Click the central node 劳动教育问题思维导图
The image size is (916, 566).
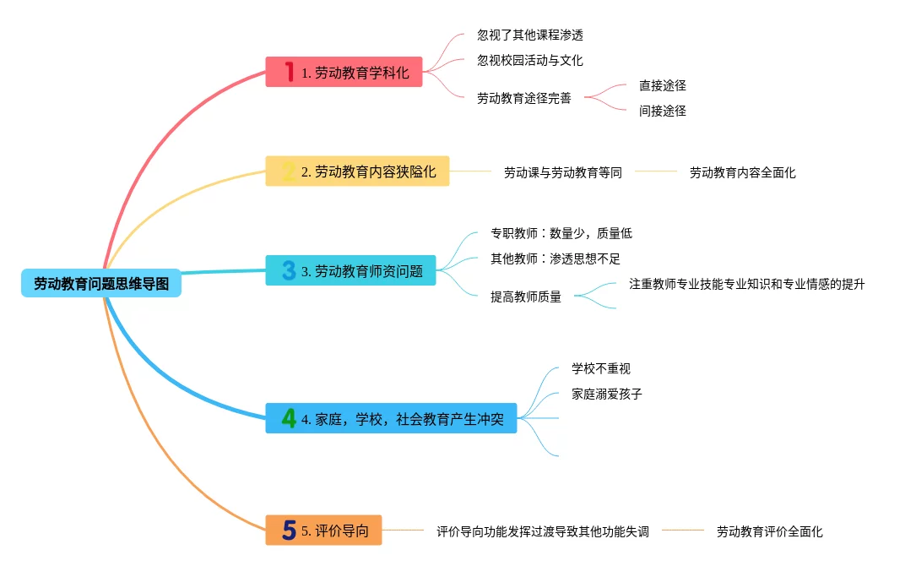pyautogui.click(x=101, y=284)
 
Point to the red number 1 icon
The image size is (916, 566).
pyautogui.click(x=289, y=73)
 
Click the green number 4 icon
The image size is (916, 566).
pyautogui.click(x=289, y=418)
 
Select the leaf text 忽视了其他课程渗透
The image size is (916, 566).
pyautogui.click(x=529, y=35)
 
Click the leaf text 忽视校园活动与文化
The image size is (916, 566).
pyautogui.click(x=529, y=61)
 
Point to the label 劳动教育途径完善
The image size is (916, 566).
pyautogui.click(x=523, y=98)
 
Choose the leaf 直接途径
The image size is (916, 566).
pyautogui.click(x=662, y=85)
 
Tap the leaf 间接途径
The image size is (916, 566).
pyautogui.click(x=662, y=111)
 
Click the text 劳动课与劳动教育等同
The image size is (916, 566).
pyautogui.click(x=562, y=172)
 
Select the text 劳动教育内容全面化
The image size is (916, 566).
pyautogui.click(x=742, y=172)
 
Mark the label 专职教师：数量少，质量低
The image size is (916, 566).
pyautogui.click(x=561, y=233)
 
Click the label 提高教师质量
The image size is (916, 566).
pyautogui.click(x=525, y=297)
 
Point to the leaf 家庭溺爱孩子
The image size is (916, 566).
pyautogui.click(x=606, y=394)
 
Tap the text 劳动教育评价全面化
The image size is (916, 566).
pyautogui.click(x=769, y=531)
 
